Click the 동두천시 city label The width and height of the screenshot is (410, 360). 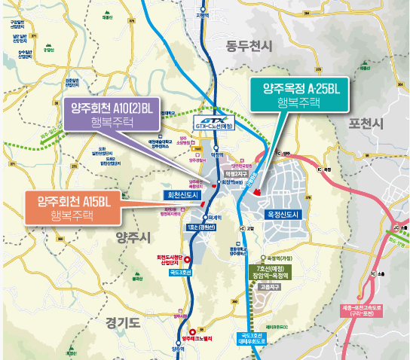[248, 47]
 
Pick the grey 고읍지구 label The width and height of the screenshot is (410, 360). [266, 287]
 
